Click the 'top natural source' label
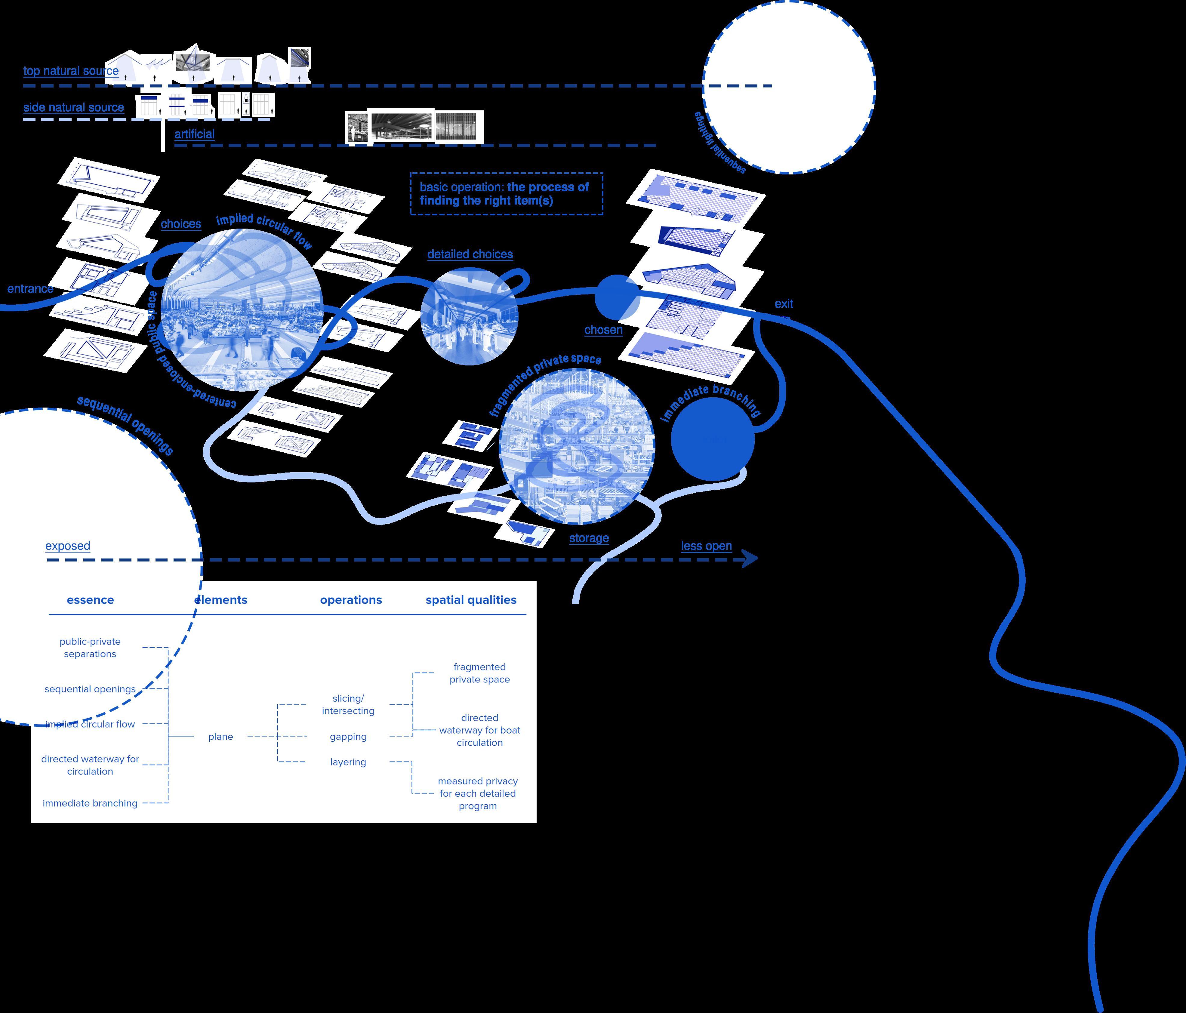pos(71,71)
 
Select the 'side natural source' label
pos(73,108)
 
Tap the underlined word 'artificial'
pos(195,134)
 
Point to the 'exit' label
pos(784,304)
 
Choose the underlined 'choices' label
pos(181,224)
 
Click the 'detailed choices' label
pos(470,254)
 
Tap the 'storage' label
pos(588,538)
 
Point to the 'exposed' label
pos(68,546)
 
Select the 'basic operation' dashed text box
pos(506,193)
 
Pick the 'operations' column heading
pos(351,600)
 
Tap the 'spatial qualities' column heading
pos(470,600)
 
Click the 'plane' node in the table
pos(220,737)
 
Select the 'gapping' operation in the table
pos(348,737)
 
